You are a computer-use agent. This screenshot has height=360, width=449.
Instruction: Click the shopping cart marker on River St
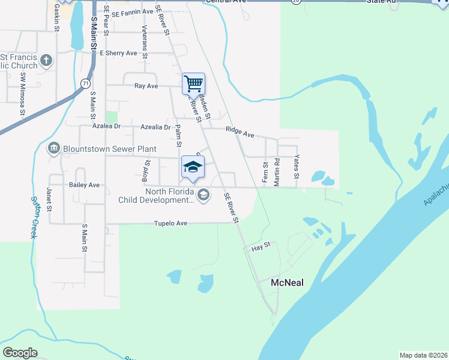point(193,83)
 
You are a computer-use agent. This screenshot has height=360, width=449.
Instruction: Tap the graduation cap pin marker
point(193,167)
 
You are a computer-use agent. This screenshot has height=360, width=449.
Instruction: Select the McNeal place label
point(288,283)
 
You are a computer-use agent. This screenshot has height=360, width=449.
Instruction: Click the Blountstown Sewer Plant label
point(110,149)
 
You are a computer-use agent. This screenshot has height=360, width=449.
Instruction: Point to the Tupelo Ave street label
point(171,223)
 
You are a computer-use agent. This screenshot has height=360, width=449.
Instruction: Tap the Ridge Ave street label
point(240,131)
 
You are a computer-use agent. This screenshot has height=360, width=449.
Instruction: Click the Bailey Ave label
point(85,185)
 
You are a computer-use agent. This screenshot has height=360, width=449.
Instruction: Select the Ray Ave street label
point(146,86)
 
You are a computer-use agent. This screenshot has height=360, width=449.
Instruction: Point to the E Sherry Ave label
point(119,53)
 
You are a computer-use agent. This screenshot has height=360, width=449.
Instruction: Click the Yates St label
point(295,169)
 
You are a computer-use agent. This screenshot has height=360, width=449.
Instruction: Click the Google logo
point(20,353)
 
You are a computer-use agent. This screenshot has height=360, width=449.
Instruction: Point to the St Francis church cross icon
point(47,61)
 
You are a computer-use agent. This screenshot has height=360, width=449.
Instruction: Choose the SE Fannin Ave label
point(132,12)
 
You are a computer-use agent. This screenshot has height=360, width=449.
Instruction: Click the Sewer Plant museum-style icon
point(53,148)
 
